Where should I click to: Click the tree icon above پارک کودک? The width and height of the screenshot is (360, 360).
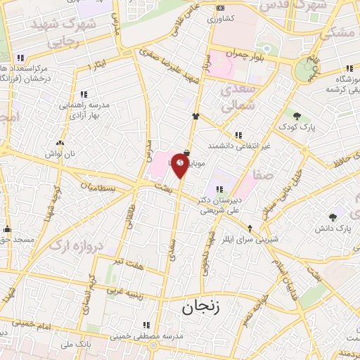click(x=297, y=116)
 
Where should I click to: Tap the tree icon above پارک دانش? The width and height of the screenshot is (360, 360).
click(x=333, y=217)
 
